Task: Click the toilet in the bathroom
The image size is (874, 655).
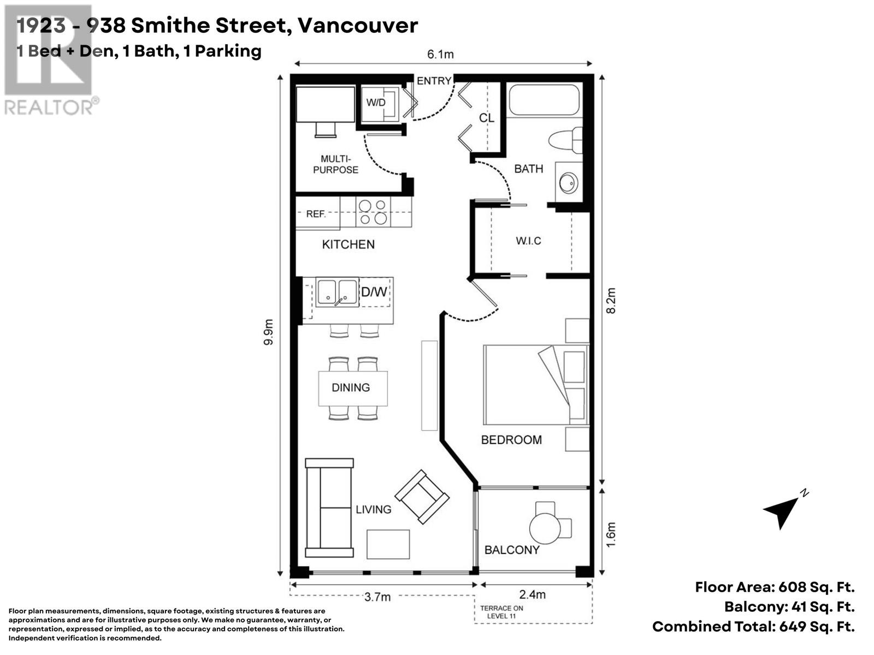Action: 565,140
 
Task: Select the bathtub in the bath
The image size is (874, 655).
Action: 544,99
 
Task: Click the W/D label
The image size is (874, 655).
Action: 375,103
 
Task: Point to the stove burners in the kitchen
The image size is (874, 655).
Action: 373,212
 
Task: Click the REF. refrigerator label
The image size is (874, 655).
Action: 316,214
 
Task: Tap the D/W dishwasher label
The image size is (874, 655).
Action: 374,292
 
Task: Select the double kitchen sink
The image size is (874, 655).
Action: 337,293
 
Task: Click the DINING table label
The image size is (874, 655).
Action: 350,388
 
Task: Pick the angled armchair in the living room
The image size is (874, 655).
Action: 422,497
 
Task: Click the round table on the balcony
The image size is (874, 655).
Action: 545,528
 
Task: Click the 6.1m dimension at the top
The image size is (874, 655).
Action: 440,54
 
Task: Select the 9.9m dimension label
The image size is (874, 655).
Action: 269,332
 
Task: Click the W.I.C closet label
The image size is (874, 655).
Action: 528,241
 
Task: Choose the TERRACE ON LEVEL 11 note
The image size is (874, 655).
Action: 501,612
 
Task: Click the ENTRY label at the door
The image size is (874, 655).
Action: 434,81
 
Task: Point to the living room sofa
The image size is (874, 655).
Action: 329,508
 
